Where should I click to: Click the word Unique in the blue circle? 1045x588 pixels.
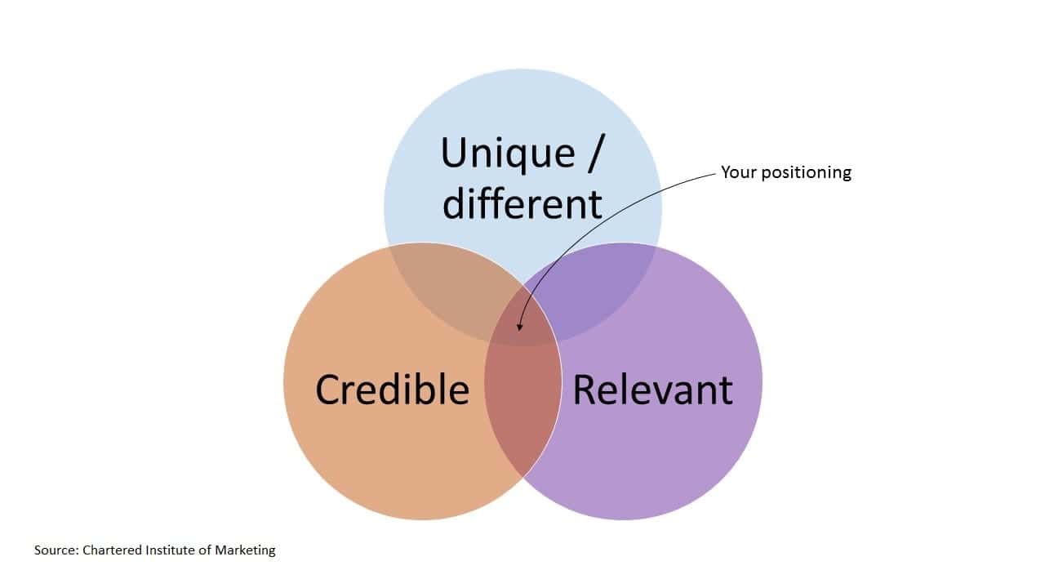(x=507, y=154)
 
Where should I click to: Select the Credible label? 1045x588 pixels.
(x=393, y=390)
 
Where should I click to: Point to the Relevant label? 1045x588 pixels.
(x=652, y=390)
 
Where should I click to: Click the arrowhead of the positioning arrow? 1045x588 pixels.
(x=520, y=328)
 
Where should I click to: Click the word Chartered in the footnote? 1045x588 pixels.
(x=113, y=550)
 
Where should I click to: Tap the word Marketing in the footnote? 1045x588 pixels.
(x=245, y=550)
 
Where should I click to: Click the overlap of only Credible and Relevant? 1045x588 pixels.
(x=522, y=408)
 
